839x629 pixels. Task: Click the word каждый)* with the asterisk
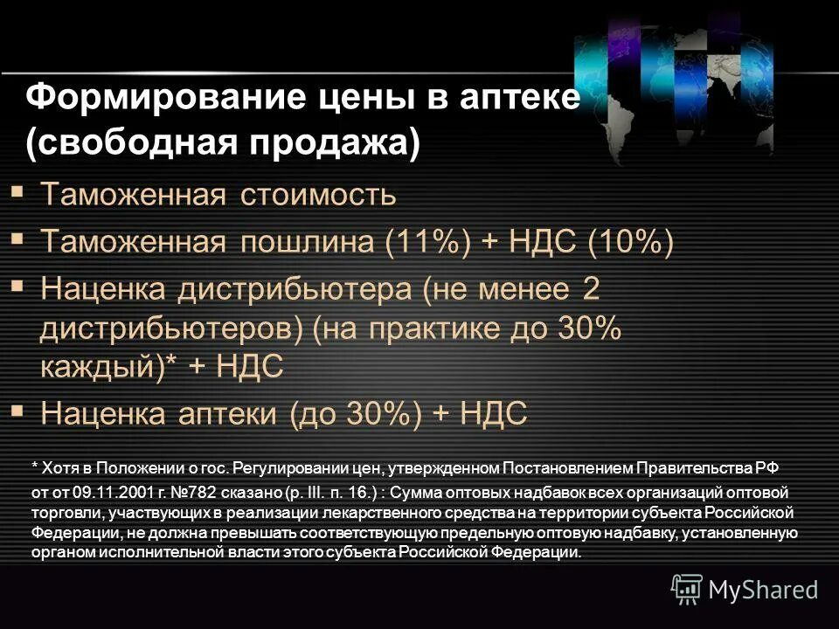point(109,367)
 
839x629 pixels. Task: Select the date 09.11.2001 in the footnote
point(110,493)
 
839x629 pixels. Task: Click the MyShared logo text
point(764,590)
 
